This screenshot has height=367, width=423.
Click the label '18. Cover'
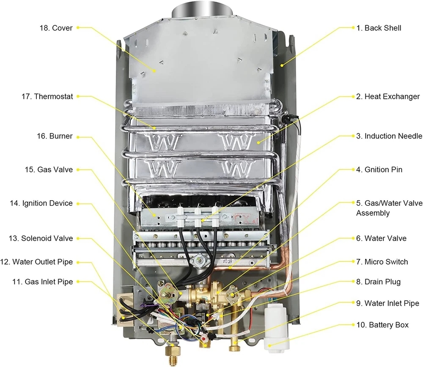pos(56,28)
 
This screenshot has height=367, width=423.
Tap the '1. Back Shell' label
pos(379,28)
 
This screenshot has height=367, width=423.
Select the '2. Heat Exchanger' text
pos(388,96)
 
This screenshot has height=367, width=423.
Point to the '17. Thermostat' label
pos(47,96)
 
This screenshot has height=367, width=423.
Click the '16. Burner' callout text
pos(55,136)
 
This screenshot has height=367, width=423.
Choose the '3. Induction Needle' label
pos(389,136)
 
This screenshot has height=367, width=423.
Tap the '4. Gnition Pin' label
pos(379,170)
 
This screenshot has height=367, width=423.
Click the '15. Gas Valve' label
pos(49,170)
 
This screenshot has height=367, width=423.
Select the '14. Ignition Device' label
pos(41,203)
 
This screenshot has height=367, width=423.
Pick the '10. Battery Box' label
pos(382,325)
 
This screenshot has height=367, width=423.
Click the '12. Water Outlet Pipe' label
pos(36,262)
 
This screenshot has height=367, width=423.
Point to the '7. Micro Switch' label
pos(382,262)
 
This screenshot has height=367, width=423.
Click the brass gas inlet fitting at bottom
pos(173,351)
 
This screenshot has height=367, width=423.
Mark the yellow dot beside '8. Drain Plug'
pos(353,282)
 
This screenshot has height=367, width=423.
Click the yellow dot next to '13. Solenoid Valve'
pos(78,238)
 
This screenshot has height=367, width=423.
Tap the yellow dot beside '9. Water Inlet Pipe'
pos(353,303)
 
